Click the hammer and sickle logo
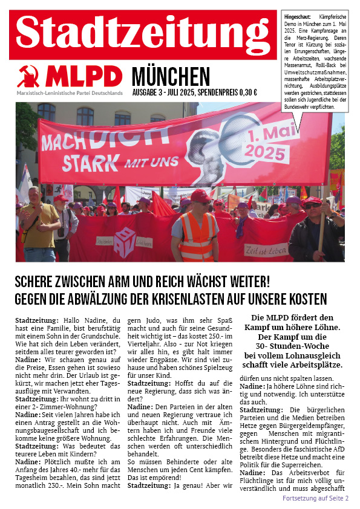click(x=28, y=76)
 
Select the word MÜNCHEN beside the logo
click(x=171, y=77)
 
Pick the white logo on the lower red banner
click(x=124, y=241)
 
